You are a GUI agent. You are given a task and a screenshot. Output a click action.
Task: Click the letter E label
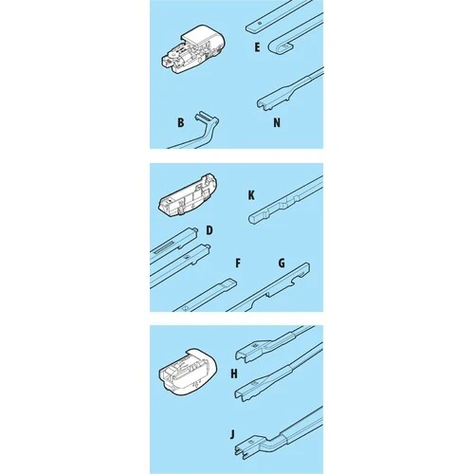pos(257,47)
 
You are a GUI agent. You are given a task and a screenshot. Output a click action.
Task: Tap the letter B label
pos(181,122)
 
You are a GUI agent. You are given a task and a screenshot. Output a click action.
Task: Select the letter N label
pos(277,122)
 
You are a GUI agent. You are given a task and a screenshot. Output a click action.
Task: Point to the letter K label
pos(251,195)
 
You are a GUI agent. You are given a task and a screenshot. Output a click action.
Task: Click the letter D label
pos(210,230)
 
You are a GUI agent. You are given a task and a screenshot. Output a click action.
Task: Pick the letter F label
pos(238,263)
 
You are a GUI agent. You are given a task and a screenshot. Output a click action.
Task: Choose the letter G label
pos(282,263)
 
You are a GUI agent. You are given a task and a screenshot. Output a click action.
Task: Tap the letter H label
pos(234,374)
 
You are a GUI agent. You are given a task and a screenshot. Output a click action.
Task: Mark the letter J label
pos(232,434)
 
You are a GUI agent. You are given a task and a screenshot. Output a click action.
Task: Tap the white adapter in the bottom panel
pos(188,372)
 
